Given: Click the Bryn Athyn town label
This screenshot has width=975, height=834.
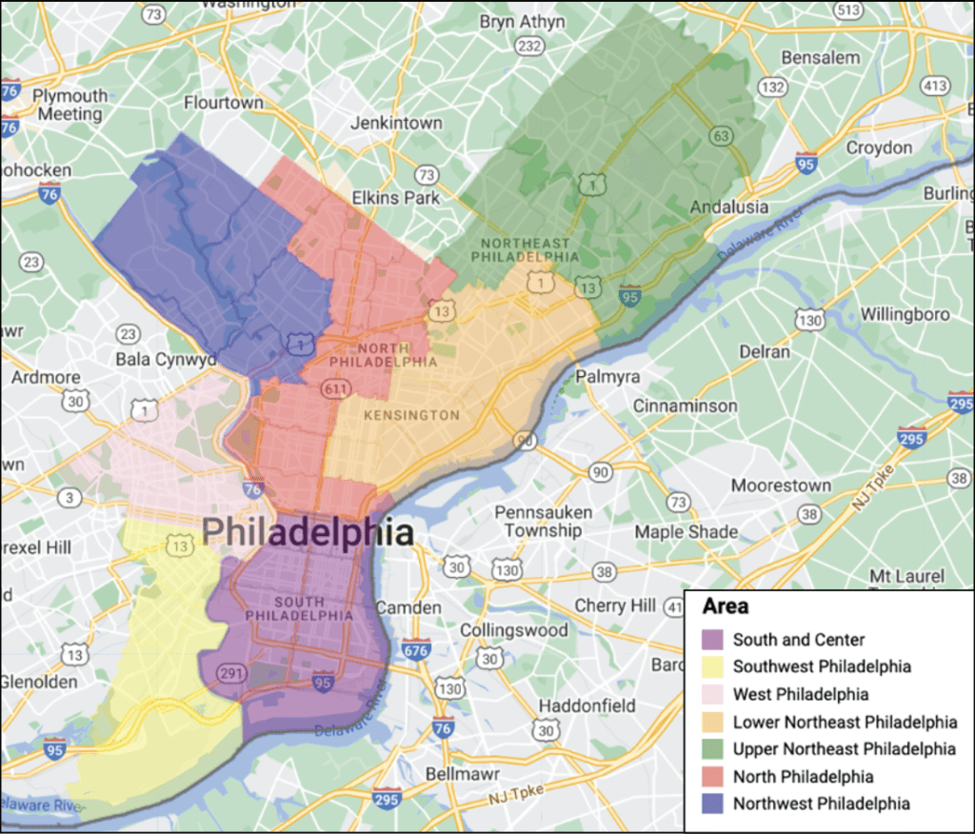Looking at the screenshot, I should coord(522,21).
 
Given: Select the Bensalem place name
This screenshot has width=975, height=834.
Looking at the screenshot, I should coord(820,57).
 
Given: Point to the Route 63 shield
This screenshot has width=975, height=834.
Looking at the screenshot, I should coord(722,136).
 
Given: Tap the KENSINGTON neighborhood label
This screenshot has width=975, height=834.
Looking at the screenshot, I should coord(410,415).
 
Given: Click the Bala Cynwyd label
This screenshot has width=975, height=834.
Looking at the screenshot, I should coord(166,360).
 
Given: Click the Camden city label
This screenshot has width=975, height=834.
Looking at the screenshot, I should coord(408,607).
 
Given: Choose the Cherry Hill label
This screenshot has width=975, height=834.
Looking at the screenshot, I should coord(614,606).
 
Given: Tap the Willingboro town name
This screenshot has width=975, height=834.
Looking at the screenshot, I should coord(905,314).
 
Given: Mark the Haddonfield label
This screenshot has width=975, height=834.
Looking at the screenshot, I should coord(587,705).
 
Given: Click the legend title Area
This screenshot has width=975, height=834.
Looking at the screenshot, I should coord(726,606).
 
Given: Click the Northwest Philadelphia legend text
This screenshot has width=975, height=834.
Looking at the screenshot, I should coord(821,804).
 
